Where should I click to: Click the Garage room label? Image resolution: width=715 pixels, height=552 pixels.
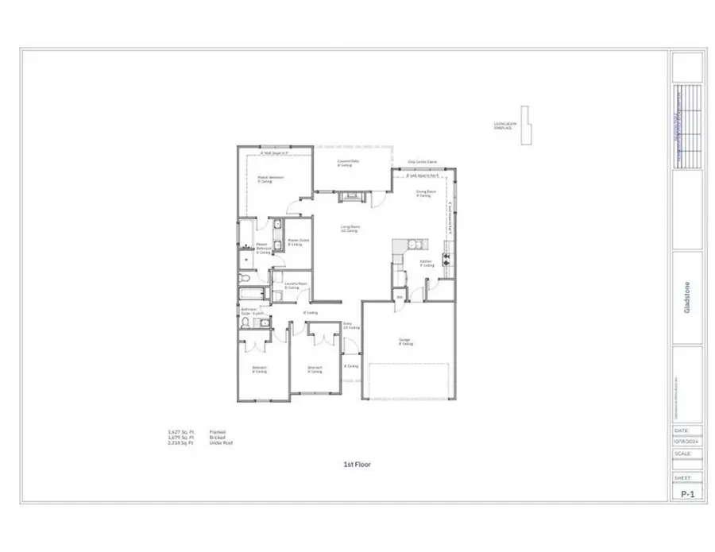pyautogui.click(x=405, y=342)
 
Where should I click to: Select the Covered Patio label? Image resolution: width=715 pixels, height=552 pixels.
pyautogui.click(x=345, y=164)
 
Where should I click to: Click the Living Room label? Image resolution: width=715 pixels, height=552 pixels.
pyautogui.click(x=350, y=229)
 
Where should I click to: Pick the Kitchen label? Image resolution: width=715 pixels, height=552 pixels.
pyautogui.click(x=427, y=264)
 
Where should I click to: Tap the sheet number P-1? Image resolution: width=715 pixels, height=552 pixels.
pyautogui.click(x=686, y=493)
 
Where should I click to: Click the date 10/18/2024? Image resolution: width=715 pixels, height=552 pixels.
pyautogui.click(x=686, y=438)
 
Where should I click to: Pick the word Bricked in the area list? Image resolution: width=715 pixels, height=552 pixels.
pyautogui.click(x=217, y=437)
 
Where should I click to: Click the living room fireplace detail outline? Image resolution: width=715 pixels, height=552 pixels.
pyautogui.click(x=525, y=125)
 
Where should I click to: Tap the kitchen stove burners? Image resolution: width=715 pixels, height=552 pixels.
pyautogui.click(x=446, y=256)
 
